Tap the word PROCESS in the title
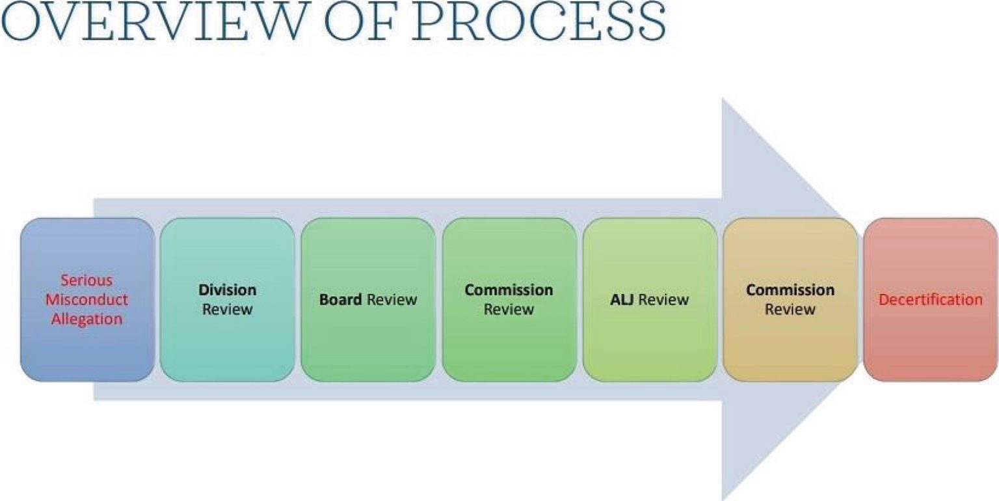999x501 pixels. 539,23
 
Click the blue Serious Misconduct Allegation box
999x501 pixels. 87,299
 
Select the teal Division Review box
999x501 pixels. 227,299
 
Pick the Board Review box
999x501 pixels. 368,299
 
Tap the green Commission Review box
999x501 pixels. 509,299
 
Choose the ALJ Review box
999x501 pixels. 650,299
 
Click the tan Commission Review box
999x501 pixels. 790,299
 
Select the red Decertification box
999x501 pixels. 931,299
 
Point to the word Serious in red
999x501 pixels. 87,280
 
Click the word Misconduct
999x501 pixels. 87,300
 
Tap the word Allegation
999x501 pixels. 87,319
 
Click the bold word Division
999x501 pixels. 228,290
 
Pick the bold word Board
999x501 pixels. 340,300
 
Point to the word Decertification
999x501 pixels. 931,300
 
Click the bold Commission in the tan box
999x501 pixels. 790,290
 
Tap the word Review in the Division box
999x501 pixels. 228,310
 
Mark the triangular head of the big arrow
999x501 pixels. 774,195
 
